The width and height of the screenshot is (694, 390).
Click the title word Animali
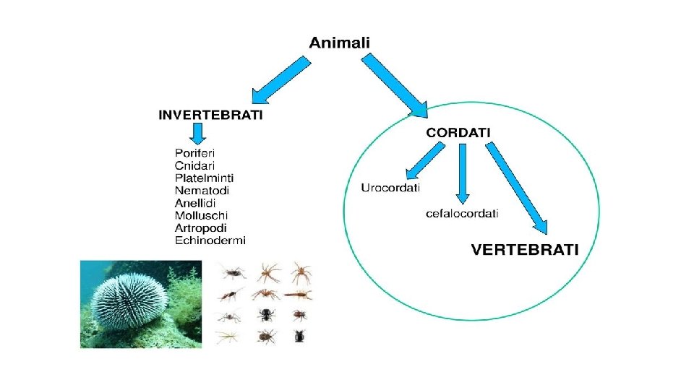pyautogui.click(x=339, y=43)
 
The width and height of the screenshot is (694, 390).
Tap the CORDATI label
pyautogui.click(x=458, y=132)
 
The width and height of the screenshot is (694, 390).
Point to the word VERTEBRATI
pyautogui.click(x=525, y=250)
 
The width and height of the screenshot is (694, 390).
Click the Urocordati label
pyautogui.click(x=390, y=188)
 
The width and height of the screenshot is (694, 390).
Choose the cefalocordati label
pyautogui.click(x=462, y=213)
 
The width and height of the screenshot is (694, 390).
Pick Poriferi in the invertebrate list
pyautogui.click(x=195, y=153)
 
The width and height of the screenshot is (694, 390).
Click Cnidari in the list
pyautogui.click(x=194, y=165)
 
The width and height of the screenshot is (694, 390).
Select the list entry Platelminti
pyautogui.click(x=205, y=178)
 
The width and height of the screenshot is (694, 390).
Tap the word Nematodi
pyautogui.click(x=202, y=190)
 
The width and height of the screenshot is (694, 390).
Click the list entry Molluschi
pyautogui.click(x=202, y=215)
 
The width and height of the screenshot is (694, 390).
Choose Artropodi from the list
pyautogui.click(x=201, y=227)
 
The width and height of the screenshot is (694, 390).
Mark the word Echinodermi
pyautogui.click(x=210, y=240)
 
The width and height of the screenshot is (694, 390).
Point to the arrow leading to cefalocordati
pyautogui.click(x=463, y=173)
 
